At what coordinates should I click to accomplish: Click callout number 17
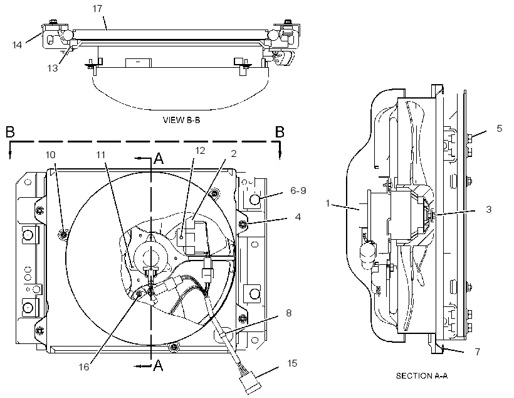click(97, 9)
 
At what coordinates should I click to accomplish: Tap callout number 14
click(17, 45)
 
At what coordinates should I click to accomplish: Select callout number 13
click(53, 68)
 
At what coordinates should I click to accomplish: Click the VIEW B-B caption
click(181, 120)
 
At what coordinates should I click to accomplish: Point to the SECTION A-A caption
click(422, 375)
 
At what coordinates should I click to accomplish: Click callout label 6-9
click(298, 190)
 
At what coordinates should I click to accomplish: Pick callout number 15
click(292, 363)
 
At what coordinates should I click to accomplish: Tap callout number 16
click(84, 367)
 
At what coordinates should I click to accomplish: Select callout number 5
click(499, 129)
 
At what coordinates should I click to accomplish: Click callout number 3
click(488, 209)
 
